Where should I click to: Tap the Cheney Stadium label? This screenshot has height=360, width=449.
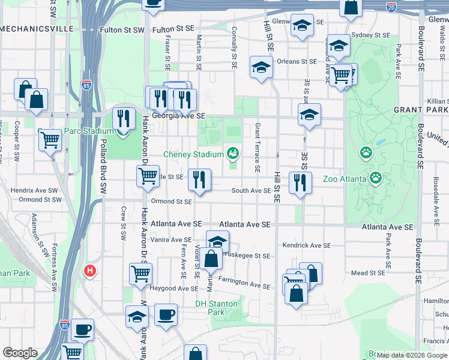coord(193,155)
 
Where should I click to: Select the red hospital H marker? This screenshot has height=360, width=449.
coord(90,271)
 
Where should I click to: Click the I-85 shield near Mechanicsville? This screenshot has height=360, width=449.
coord(86,86)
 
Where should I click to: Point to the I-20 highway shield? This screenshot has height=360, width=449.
coord(391,7)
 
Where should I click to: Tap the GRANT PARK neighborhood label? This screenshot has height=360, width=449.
coord(420,110)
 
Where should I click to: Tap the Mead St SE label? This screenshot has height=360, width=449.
coord(367,273)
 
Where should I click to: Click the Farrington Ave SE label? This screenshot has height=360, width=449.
coord(244,282)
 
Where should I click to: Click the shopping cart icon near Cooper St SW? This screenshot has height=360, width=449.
coord(50,140)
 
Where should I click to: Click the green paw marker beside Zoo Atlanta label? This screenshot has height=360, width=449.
coord(376,178)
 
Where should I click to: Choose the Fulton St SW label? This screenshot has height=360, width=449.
coord(122,29)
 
